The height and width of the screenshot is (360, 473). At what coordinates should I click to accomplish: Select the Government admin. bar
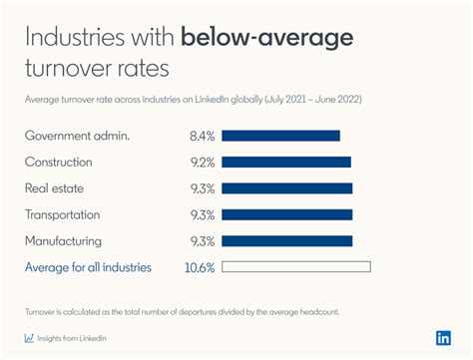tap(281, 136)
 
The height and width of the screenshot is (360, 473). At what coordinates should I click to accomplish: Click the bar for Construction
tap(286, 162)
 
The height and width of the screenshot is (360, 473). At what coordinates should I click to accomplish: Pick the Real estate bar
tap(287, 187)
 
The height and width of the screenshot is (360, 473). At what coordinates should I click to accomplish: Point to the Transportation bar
tap(287, 213)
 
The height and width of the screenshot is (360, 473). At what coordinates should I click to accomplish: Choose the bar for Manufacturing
tap(287, 240)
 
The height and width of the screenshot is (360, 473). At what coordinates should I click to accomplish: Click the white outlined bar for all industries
tap(296, 266)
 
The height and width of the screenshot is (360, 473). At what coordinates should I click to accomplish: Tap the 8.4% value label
tap(203, 136)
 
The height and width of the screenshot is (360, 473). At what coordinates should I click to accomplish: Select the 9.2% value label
tap(203, 162)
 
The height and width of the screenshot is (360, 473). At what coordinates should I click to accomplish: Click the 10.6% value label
tap(201, 266)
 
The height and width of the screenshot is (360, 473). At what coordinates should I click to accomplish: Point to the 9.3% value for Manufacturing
tap(203, 240)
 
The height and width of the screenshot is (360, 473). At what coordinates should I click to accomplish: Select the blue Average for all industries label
tap(88, 266)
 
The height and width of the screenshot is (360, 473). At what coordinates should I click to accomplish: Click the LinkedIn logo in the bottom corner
tap(443, 337)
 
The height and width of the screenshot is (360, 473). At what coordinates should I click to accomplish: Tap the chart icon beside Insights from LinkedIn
tap(29, 338)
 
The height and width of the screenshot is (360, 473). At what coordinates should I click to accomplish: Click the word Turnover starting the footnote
tap(43, 311)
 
